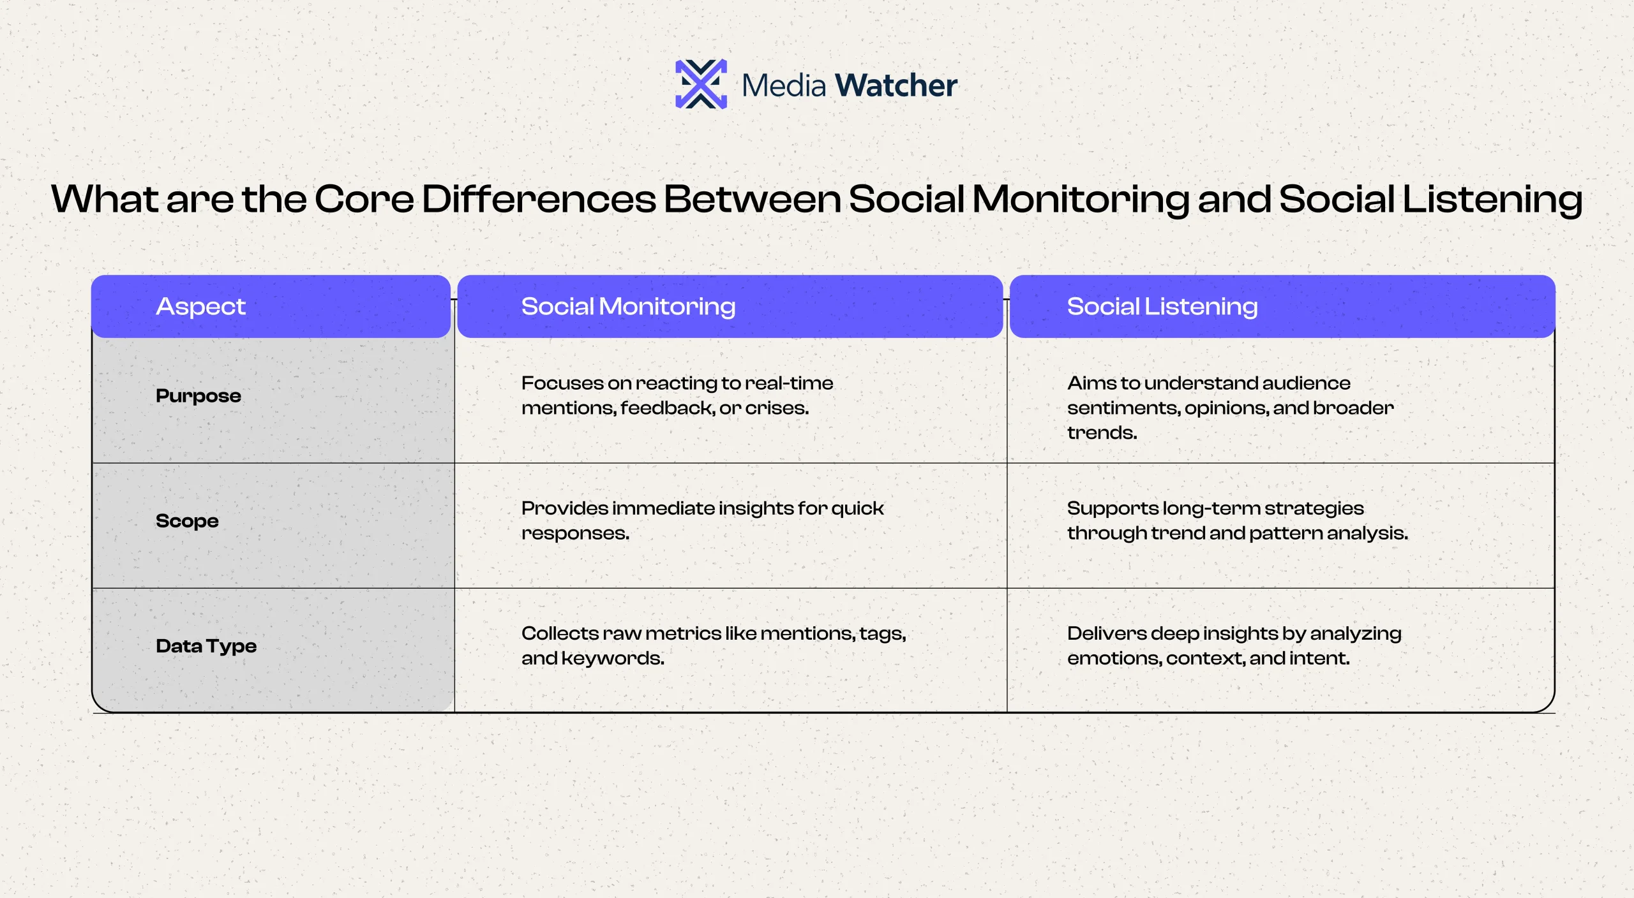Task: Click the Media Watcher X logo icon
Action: click(x=701, y=84)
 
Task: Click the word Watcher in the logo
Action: click(x=896, y=85)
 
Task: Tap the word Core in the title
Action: click(x=364, y=199)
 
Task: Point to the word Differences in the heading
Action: click(x=539, y=199)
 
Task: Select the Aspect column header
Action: click(x=200, y=307)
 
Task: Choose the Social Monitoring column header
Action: click(x=628, y=307)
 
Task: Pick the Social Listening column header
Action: click(x=1162, y=307)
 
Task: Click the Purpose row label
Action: click(x=199, y=396)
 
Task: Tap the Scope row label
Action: click(x=187, y=521)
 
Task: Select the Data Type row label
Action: click(x=206, y=646)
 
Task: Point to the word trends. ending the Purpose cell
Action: click(x=1102, y=433)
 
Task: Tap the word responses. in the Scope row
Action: click(x=575, y=534)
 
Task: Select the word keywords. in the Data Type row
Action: click(x=613, y=658)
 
